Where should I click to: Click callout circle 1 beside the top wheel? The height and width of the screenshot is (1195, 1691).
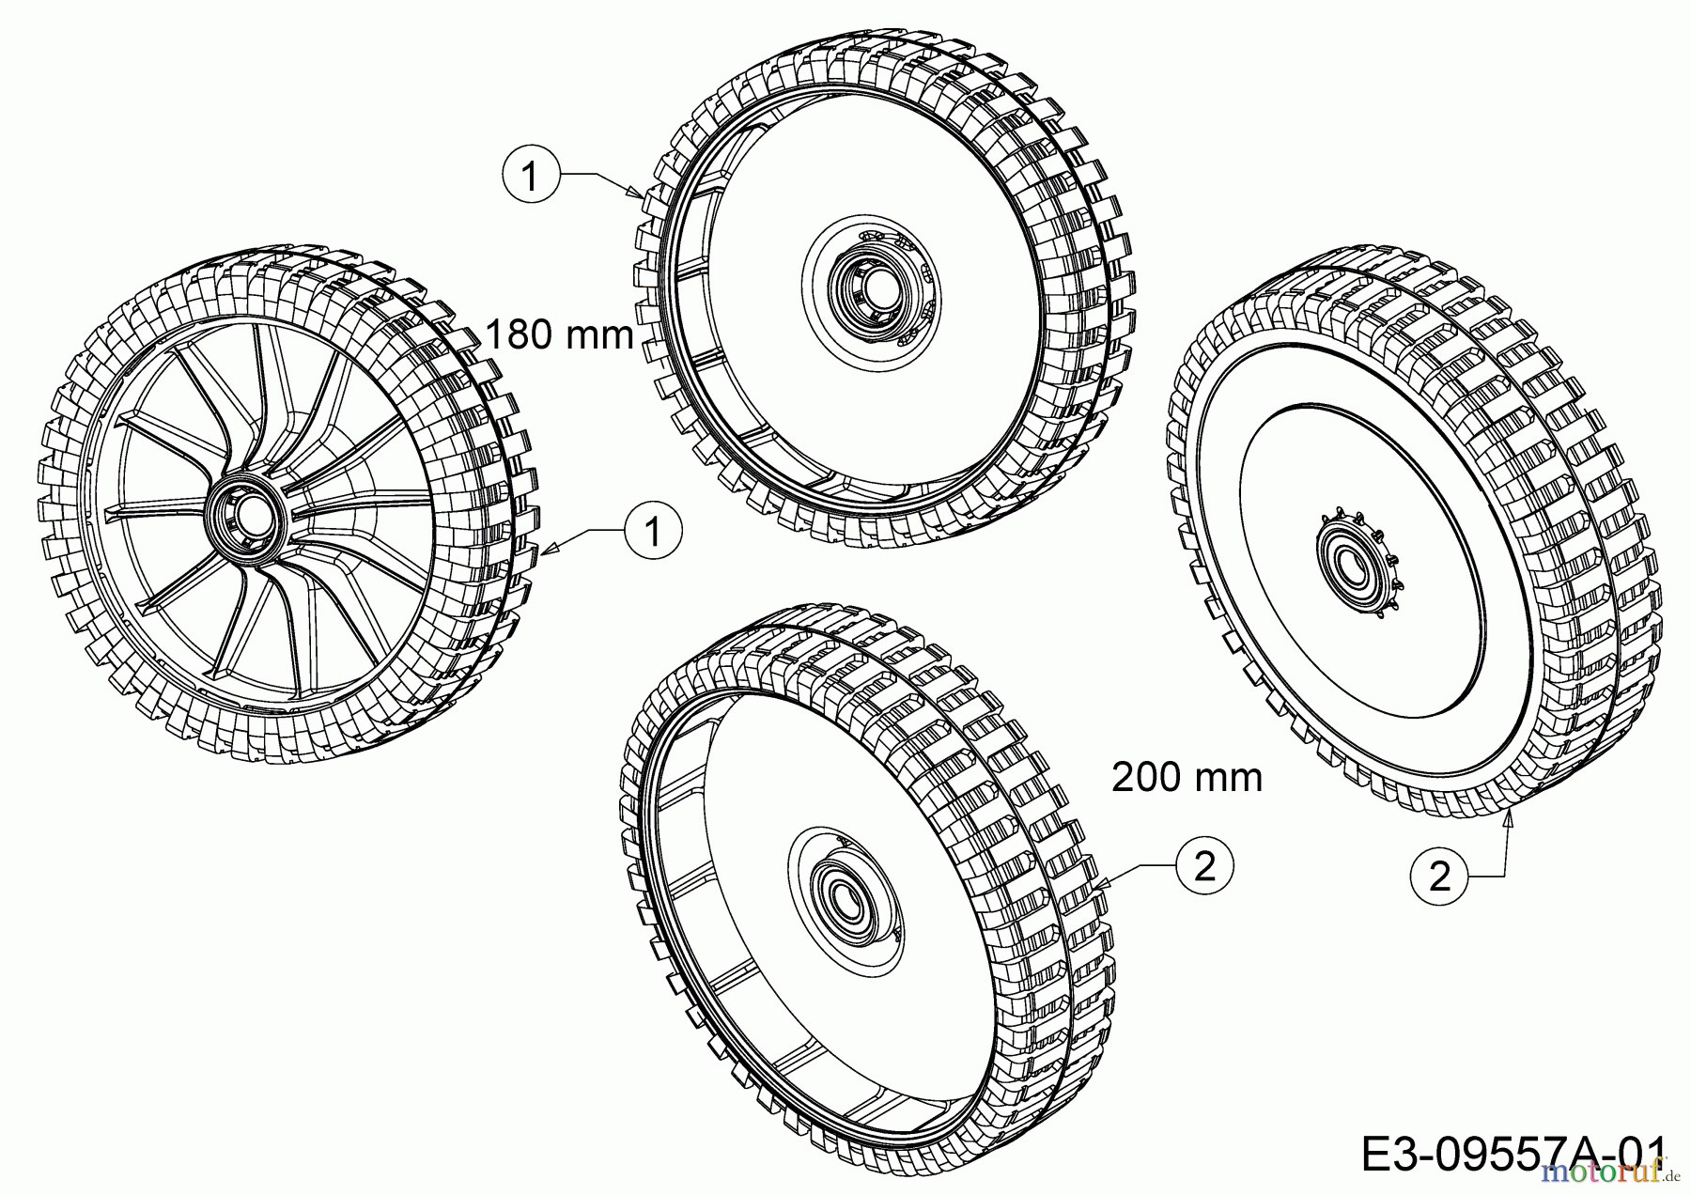[532, 176]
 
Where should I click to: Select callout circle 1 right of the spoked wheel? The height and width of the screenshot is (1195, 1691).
[653, 532]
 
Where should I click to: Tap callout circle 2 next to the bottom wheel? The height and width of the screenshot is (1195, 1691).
[1203, 865]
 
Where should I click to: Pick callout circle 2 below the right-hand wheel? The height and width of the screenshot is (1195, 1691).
[1439, 877]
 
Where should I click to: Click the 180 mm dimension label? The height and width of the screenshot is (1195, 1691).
[560, 334]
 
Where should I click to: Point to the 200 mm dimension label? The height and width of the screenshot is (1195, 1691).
[1187, 777]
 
